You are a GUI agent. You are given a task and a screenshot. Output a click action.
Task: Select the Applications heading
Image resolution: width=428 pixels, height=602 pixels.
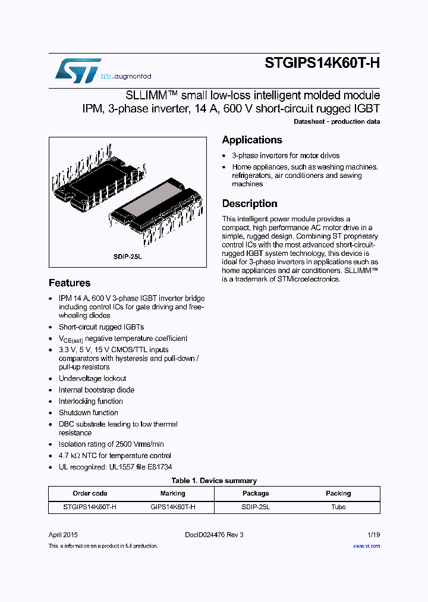click(252, 140)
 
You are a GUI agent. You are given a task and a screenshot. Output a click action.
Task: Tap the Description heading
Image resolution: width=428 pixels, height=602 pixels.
click(250, 203)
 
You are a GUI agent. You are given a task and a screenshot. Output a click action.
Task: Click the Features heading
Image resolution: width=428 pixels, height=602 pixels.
click(70, 283)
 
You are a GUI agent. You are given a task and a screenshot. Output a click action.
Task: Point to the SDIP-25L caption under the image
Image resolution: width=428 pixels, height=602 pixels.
click(128, 256)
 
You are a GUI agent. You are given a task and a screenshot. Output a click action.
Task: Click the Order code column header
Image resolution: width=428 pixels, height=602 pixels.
click(90, 493)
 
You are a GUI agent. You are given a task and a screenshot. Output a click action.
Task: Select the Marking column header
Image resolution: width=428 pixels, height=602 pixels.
click(172, 493)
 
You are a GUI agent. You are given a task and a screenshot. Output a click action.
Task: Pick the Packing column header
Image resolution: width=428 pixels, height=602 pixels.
click(338, 493)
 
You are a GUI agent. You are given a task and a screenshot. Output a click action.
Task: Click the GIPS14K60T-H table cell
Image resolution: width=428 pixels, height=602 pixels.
click(172, 507)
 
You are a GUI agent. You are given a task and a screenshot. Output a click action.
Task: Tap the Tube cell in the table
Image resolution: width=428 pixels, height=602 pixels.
click(338, 507)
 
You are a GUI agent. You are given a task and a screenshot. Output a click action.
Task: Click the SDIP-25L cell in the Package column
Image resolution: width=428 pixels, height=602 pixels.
click(256, 507)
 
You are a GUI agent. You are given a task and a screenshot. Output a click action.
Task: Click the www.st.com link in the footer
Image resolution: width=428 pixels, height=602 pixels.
click(366, 545)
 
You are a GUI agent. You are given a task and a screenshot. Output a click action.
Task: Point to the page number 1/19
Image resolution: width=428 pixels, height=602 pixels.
click(373, 534)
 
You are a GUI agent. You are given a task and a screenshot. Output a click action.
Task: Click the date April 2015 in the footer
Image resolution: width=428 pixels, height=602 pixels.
click(64, 534)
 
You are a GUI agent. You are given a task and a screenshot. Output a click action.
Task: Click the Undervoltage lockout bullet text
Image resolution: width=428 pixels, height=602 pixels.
click(92, 378)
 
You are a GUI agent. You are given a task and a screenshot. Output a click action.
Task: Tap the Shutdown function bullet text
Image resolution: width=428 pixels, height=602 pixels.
click(88, 412)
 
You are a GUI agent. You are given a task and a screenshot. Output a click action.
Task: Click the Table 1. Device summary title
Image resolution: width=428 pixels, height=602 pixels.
click(214, 481)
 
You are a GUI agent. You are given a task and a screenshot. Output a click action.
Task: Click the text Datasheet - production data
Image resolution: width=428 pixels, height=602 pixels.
click(336, 121)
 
